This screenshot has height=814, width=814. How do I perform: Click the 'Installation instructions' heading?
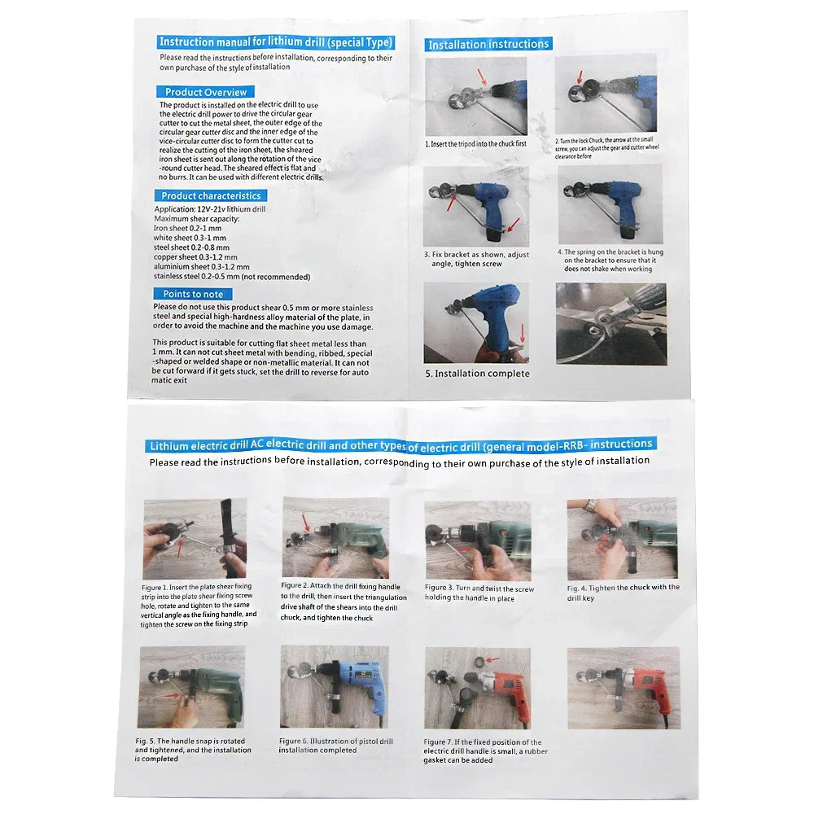coord(488,44)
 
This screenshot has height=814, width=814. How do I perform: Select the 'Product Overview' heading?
coord(205,92)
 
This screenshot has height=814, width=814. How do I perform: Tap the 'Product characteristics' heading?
coord(210,195)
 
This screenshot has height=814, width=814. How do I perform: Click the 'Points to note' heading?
coord(193,294)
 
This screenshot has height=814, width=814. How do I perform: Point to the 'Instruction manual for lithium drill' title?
coord(275,42)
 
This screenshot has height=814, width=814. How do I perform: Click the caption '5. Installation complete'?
coord(477,374)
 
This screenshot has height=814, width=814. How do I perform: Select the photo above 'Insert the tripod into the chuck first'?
coord(476,96)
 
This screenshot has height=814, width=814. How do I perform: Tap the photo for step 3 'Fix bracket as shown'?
coord(476,206)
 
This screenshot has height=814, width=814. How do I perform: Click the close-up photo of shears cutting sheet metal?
coord(610,323)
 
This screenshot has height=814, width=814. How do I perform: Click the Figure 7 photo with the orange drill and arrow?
coord(477,688)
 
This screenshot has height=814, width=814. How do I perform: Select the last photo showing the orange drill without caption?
coord(623,688)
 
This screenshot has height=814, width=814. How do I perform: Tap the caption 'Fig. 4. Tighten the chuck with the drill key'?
coord(623,592)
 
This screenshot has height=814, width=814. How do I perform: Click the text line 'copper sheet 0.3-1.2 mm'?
coord(195,257)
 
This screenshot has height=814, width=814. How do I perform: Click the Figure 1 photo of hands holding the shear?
coord(195,539)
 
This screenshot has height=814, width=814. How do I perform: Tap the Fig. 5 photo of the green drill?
coord(191,687)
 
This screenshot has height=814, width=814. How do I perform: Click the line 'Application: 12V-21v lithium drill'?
coord(210,209)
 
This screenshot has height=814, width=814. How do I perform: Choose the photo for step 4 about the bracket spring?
coord(610,204)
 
